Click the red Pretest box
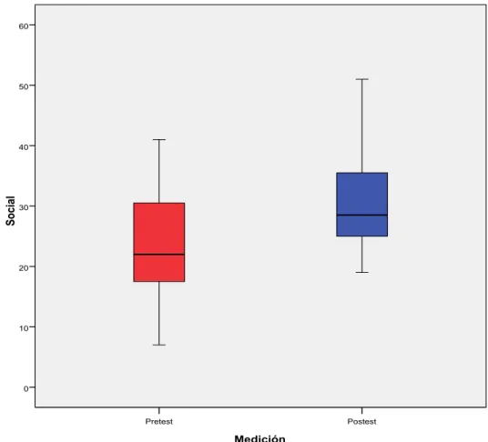coord(159,242)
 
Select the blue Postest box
coord(362,205)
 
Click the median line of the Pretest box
coord(159,255)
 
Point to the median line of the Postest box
coord(362,215)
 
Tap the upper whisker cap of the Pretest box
coord(159,139)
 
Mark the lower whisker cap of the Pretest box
coord(159,345)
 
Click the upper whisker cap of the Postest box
coord(362,79)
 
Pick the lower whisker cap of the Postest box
coord(362,272)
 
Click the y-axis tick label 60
coord(24,26)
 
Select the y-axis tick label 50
coord(24,86)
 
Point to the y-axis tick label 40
coord(24,146)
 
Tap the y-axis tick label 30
coord(24,207)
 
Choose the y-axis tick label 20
coord(24,267)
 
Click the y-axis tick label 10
coord(24,328)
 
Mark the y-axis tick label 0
coord(26,388)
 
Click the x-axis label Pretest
coord(159,421)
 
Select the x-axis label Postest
coord(362,421)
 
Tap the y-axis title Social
coord(10,211)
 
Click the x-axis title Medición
coord(259,438)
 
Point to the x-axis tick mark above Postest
coord(362,410)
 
